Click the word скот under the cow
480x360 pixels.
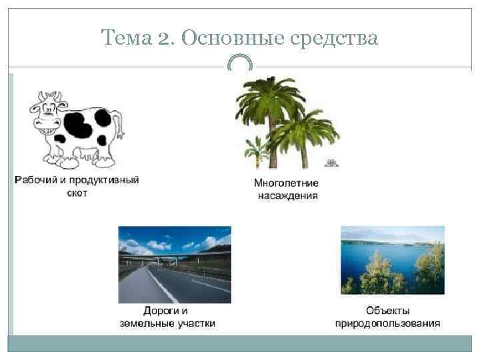77,193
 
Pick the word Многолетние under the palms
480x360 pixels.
286,183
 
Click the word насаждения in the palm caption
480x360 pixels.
287,196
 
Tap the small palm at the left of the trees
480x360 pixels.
256,149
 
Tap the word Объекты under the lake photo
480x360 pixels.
387,311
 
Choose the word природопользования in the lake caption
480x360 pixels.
387,323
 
